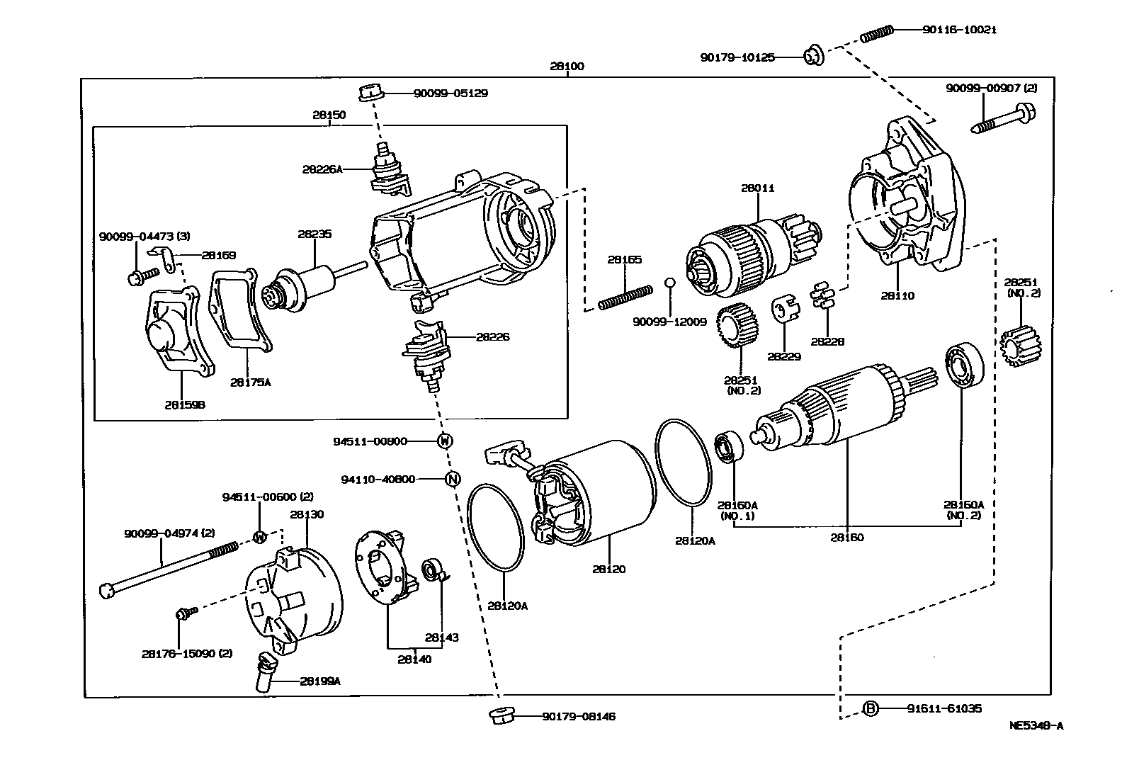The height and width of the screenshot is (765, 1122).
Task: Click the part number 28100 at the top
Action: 567,67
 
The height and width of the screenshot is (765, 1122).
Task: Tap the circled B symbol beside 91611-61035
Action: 871,708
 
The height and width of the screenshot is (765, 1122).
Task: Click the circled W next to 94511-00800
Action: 444,441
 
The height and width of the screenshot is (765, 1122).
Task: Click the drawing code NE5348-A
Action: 1036,725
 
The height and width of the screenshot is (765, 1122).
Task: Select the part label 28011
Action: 758,188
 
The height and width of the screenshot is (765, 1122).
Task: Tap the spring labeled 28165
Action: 625,296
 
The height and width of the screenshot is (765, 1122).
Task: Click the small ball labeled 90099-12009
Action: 669,283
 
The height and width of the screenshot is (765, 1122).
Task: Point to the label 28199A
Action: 319,681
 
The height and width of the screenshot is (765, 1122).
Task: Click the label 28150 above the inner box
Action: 329,114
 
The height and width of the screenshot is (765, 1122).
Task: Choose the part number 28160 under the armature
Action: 847,537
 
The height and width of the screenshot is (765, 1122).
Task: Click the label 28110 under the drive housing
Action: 897,295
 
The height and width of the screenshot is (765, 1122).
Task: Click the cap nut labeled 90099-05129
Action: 370,92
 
